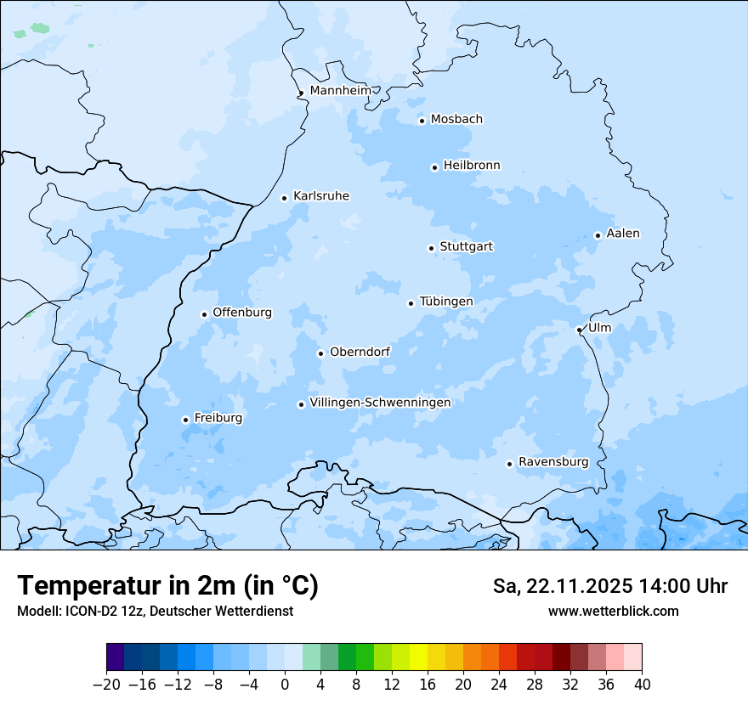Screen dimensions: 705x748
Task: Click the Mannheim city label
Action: (x=340, y=90)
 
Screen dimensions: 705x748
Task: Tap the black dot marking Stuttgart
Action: (x=431, y=248)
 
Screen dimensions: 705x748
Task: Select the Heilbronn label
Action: (x=472, y=165)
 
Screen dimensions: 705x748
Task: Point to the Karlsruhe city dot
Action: (x=285, y=198)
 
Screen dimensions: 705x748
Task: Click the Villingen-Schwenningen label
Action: (x=380, y=403)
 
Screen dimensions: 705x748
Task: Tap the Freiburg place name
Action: (x=218, y=418)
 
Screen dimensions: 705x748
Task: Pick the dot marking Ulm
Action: (x=579, y=330)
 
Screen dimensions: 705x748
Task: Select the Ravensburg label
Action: (x=552, y=462)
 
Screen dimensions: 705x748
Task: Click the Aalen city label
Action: (x=622, y=234)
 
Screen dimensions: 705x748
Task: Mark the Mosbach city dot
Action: (x=422, y=121)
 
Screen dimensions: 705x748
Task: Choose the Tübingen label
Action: (x=445, y=302)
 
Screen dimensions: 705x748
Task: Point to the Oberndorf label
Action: (x=360, y=352)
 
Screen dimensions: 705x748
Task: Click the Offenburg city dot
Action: (x=204, y=314)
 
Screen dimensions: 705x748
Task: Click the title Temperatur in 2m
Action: (x=167, y=586)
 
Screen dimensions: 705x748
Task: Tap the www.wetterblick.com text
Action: (x=613, y=612)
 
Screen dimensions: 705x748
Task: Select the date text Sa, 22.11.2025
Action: (x=562, y=586)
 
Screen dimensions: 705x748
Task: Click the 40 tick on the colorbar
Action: (x=642, y=685)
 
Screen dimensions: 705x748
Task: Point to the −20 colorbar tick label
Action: (x=106, y=685)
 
